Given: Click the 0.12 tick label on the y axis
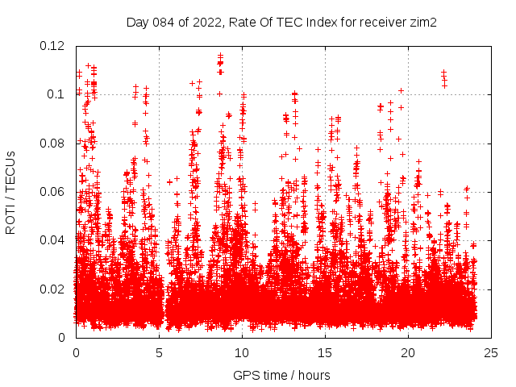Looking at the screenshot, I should pyautogui.click(x=53, y=45).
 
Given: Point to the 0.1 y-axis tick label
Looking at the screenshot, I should pyautogui.click(x=56, y=94).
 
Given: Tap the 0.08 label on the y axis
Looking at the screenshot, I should pyautogui.click(x=53, y=144).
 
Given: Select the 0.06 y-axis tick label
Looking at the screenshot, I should pyautogui.click(x=53, y=192).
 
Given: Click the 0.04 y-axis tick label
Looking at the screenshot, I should pyautogui.click(x=53, y=240).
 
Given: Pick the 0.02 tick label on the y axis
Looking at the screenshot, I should pyautogui.click(x=53, y=289).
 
